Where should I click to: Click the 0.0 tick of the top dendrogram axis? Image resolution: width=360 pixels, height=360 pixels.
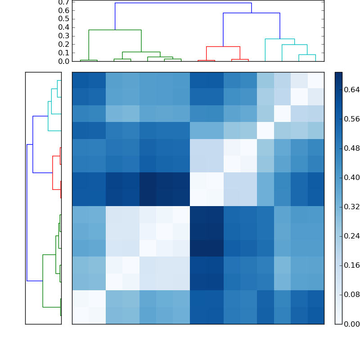[63, 61]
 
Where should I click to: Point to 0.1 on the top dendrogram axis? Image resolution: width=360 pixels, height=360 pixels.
[63, 53]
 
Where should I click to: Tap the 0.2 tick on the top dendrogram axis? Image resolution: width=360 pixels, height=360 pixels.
[63, 44]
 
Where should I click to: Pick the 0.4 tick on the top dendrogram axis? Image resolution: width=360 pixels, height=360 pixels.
[63, 27]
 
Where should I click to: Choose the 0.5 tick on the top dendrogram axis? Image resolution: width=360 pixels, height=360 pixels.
[63, 19]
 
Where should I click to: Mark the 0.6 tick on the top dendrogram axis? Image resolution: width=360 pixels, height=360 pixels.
[63, 10]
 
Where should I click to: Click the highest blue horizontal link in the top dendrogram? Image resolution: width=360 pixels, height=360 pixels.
[183, 3]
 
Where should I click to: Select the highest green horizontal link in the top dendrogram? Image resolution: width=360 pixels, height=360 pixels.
[115, 30]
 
